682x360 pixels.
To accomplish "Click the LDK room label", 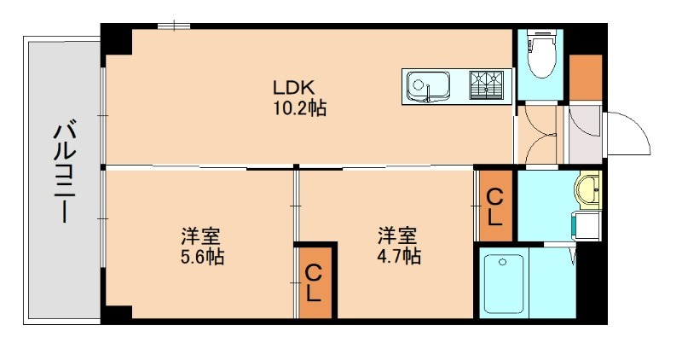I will tap(294, 87).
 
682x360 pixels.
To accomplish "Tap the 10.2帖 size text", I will tap(294, 108).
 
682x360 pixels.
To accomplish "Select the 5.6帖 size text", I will tap(202, 255).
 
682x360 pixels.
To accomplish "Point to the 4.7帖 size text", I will tap(399, 255).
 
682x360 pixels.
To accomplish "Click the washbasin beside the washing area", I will tap(588, 189).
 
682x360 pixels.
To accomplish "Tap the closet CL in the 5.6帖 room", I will tap(315, 283).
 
